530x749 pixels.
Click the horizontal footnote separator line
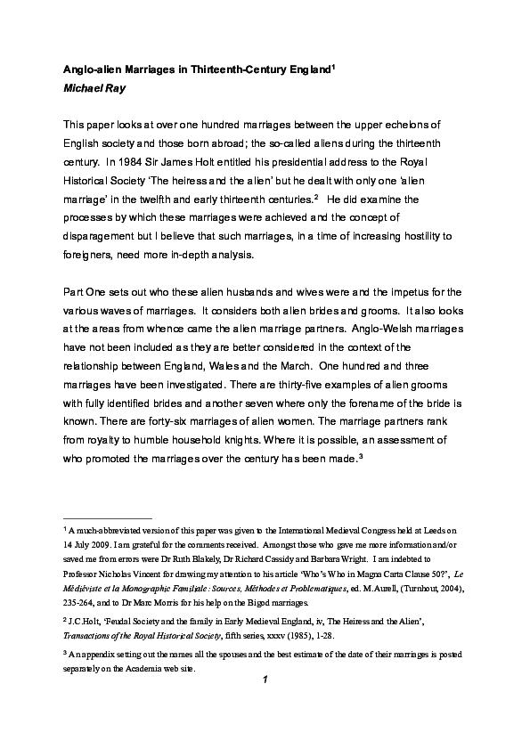tap(108, 517)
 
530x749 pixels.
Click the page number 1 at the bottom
tap(265, 680)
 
